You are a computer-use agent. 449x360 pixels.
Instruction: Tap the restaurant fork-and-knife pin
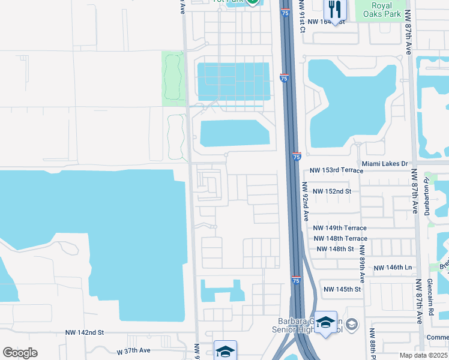tap(335, 10)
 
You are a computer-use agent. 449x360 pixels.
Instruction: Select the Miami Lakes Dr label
tap(385, 163)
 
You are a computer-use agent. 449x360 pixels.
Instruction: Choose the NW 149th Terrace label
tap(339, 228)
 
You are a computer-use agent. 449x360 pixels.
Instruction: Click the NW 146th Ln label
tap(393, 268)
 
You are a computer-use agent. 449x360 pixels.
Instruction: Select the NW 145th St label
tap(342, 289)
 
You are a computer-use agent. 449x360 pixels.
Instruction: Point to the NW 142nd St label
tap(85, 332)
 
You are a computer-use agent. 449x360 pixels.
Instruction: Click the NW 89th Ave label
tap(362, 264)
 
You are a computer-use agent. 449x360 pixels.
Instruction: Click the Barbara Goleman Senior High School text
tap(310, 324)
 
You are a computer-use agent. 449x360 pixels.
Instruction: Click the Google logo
tap(20, 353)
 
